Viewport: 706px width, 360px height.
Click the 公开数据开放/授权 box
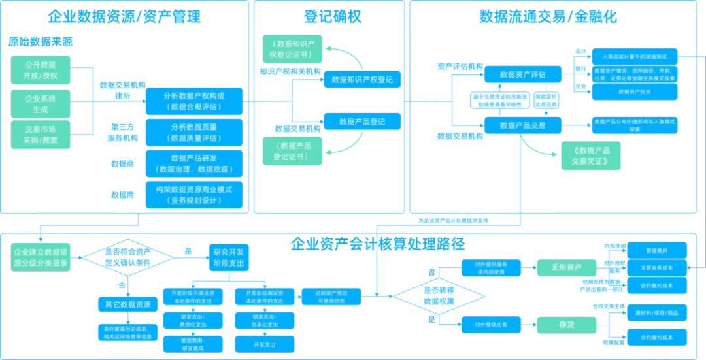click(41, 70)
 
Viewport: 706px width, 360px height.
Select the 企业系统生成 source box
click(41, 103)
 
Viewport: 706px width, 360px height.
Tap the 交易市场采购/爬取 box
click(41, 135)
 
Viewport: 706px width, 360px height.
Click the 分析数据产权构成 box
click(193, 101)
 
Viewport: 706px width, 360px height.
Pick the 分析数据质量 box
click(193, 132)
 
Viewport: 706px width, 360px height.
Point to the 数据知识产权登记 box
click(362, 80)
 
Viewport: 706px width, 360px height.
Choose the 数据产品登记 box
click(362, 122)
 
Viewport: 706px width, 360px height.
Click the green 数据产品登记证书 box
click(292, 150)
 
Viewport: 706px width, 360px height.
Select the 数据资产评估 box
click(522, 74)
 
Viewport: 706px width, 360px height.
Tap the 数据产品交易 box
click(522, 125)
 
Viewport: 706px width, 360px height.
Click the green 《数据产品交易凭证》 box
click(591, 155)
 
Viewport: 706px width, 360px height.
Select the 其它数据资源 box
click(127, 304)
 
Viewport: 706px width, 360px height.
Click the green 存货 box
click(567, 324)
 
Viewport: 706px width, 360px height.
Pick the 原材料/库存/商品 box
click(656, 313)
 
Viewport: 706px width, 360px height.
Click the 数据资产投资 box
click(635, 91)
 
